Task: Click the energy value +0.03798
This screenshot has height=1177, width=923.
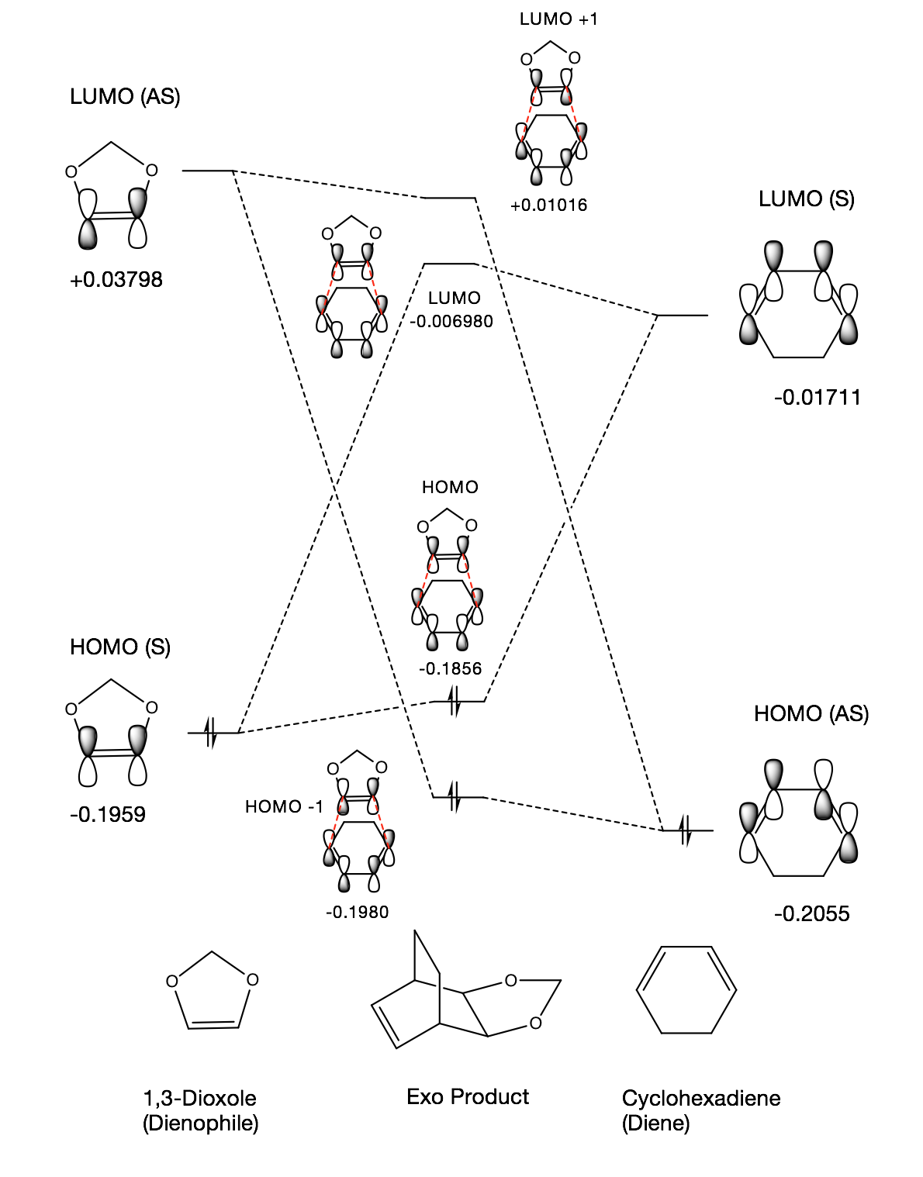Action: click(116, 280)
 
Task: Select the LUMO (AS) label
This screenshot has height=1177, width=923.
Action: click(125, 97)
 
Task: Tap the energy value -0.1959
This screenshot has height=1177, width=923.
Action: click(108, 815)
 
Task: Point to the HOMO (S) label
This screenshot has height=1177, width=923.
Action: click(120, 647)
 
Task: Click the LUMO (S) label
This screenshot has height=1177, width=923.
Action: click(807, 199)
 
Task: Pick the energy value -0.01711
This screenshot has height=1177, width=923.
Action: click(818, 398)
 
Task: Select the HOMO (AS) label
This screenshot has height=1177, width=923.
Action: click(811, 714)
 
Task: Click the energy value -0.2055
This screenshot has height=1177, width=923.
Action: click(812, 914)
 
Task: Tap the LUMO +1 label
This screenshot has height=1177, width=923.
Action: click(559, 19)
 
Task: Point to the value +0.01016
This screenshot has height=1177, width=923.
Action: click(549, 205)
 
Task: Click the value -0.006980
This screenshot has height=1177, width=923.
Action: click(451, 321)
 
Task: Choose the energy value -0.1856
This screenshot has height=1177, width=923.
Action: click(451, 668)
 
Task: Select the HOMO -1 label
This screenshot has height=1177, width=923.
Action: click(284, 807)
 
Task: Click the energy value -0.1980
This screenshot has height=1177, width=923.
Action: click(358, 913)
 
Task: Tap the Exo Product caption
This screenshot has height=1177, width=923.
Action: click(468, 1097)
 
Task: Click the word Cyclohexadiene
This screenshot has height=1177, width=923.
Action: click(701, 1099)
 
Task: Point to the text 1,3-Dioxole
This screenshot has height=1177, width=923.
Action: click(200, 1099)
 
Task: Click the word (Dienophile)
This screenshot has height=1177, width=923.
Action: click(200, 1123)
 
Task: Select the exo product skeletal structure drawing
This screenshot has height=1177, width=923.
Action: click(465, 996)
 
